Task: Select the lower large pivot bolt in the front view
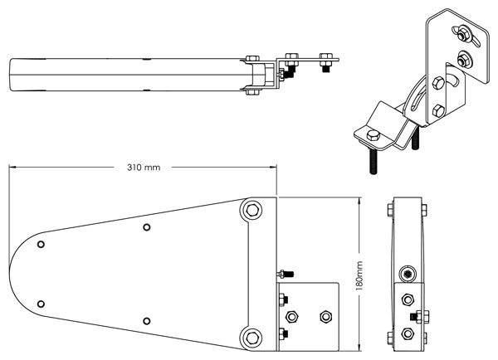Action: pyautogui.click(x=251, y=336)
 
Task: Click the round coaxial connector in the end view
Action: pyautogui.click(x=406, y=274)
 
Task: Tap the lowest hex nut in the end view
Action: pyautogui.click(x=406, y=333)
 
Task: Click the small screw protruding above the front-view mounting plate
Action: pyautogui.click(x=286, y=274)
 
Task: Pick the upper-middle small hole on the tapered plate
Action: pyautogui.click(x=146, y=227)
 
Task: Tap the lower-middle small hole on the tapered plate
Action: pyautogui.click(x=146, y=320)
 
